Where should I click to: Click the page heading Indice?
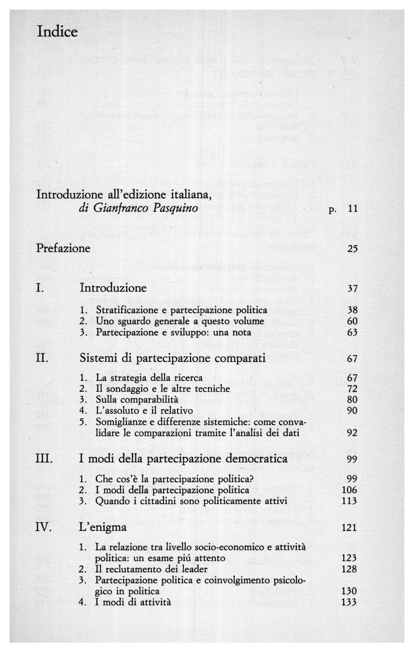tap(57, 32)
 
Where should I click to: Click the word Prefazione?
tap(63, 248)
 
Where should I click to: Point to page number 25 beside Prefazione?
tap(352, 249)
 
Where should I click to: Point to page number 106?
tap(350, 490)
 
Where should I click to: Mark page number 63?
tap(352, 332)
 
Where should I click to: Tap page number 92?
tap(352, 434)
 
